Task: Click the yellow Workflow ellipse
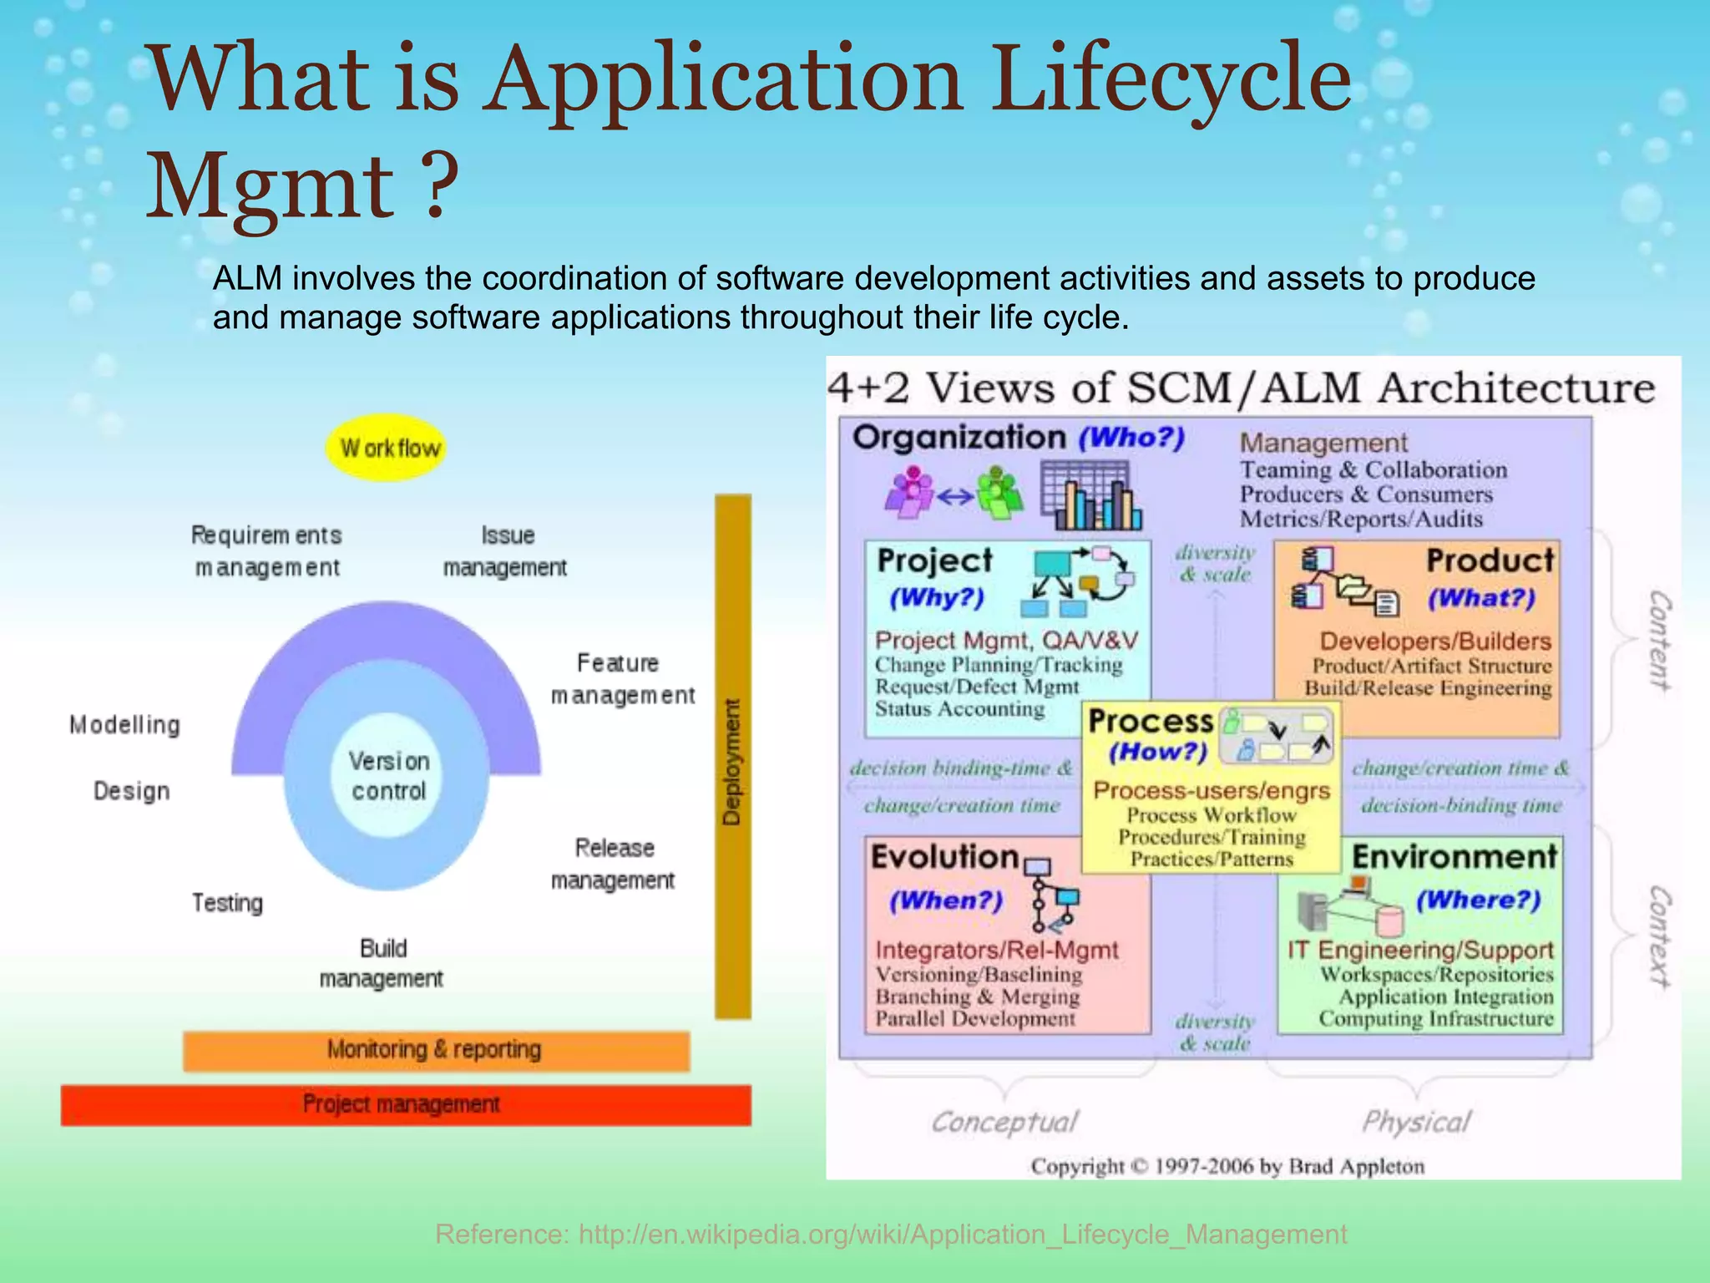[x=386, y=448]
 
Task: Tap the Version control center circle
[x=389, y=776]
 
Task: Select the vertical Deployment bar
[x=732, y=756]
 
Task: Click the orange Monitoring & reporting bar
[x=436, y=1050]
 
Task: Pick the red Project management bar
[x=405, y=1104]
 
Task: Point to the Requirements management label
[x=266, y=551]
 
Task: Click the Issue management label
[x=505, y=551]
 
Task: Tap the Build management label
[x=382, y=963]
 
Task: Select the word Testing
[x=227, y=903]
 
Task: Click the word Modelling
[x=125, y=725]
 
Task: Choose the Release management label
[x=613, y=864]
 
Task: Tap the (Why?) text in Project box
[x=937, y=598]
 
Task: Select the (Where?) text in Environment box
[x=1478, y=900]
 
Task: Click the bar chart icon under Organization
[x=1090, y=499]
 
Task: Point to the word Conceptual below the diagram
[x=1004, y=1122]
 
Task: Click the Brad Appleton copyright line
[x=1227, y=1166]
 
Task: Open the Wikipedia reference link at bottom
[x=891, y=1234]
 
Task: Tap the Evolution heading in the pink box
[x=944, y=857]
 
